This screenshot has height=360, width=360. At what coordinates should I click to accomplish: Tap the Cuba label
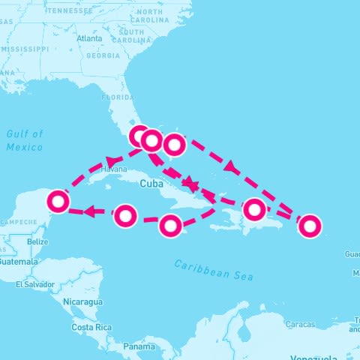(151, 183)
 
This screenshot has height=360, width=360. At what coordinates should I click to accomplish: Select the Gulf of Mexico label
(25, 140)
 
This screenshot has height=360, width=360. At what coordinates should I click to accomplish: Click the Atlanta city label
(89, 38)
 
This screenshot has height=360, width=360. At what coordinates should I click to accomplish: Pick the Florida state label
(117, 97)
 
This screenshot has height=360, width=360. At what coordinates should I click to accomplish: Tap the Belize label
(37, 242)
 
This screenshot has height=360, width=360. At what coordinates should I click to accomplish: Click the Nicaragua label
(82, 301)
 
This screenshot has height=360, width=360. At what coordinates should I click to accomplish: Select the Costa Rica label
(91, 328)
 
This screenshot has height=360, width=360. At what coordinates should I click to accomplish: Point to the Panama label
(139, 346)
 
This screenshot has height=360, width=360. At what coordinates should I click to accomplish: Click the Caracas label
(300, 324)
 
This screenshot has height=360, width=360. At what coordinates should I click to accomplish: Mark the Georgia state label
(103, 55)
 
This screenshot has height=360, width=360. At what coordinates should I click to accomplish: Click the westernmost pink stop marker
(58, 201)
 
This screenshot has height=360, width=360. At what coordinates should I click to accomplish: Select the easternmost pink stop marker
(309, 225)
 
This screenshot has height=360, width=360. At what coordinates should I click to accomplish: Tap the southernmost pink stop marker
(171, 225)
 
